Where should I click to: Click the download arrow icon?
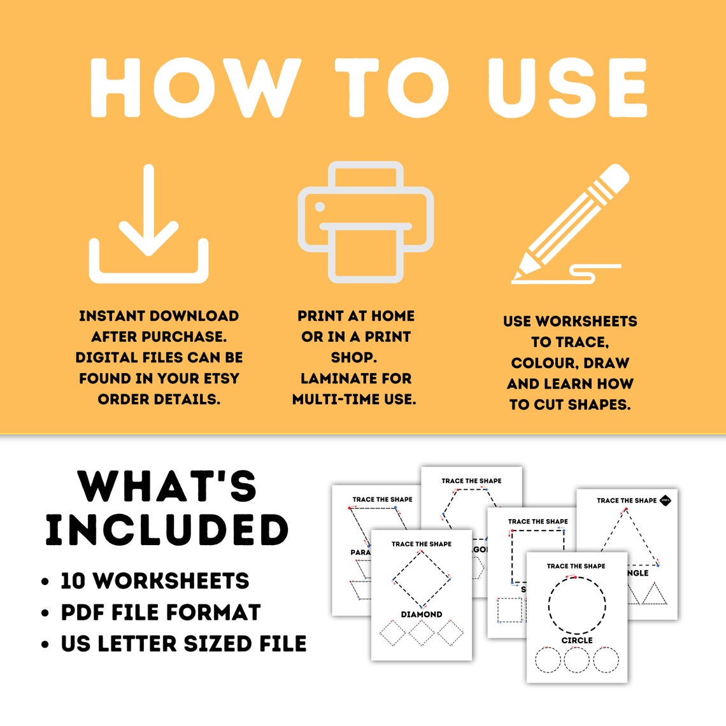coord(149,224)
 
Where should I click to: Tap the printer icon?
coord(366,222)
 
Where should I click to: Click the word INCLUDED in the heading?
coord(167,530)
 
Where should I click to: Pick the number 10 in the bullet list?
coord(73,581)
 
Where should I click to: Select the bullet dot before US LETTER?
coord(45,644)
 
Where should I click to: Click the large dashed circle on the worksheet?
coord(577,605)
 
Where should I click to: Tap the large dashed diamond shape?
coord(422,578)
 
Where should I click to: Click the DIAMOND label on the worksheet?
coord(422,615)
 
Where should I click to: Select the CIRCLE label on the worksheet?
coord(577,640)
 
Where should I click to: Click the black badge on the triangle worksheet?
coord(665,501)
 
